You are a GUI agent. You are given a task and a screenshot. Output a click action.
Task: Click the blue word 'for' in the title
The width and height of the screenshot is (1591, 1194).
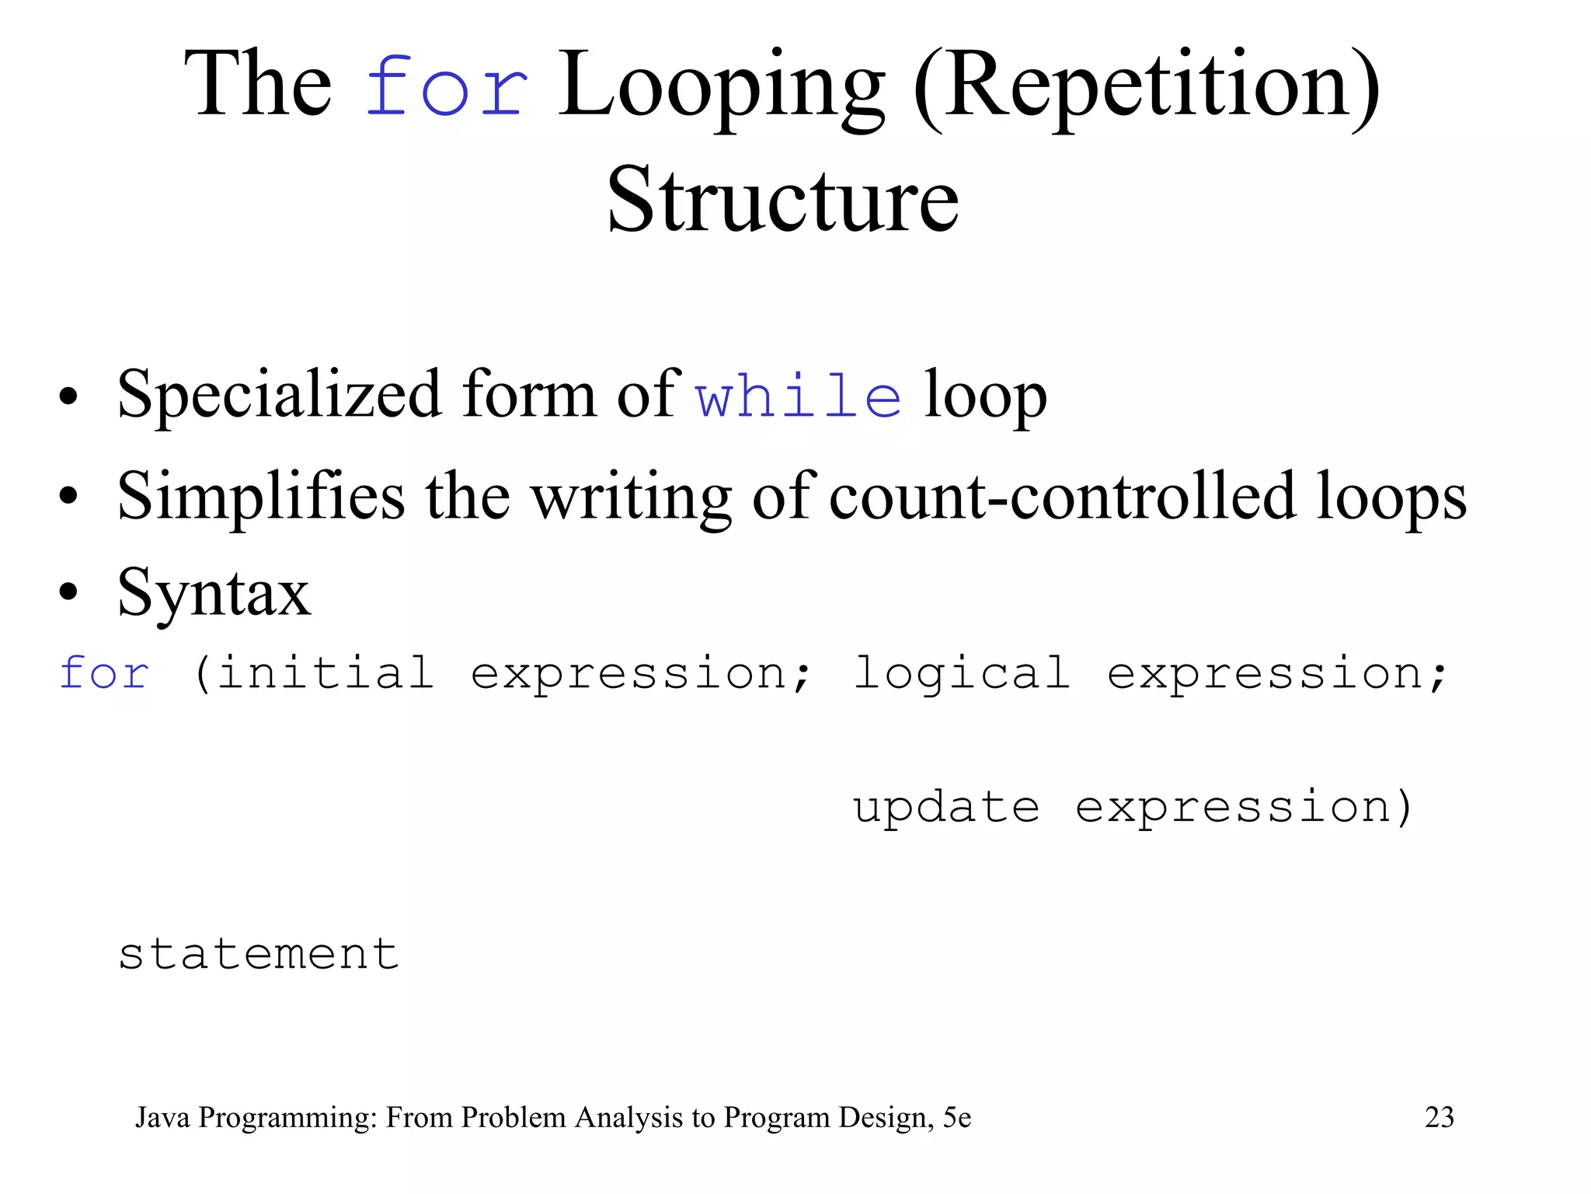tap(447, 87)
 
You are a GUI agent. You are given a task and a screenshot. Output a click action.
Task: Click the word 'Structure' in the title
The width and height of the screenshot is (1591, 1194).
tap(782, 200)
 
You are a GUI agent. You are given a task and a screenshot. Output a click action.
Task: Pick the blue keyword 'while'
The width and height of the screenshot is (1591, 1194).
tap(798, 396)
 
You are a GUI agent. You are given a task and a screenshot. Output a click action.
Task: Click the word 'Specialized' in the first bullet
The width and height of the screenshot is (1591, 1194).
tap(279, 395)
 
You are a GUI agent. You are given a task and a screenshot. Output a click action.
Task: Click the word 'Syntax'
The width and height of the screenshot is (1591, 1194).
tap(214, 593)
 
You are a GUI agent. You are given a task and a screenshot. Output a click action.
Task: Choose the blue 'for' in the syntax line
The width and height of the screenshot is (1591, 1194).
tap(104, 672)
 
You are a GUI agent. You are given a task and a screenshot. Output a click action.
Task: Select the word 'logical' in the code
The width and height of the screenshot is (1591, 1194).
tap(962, 674)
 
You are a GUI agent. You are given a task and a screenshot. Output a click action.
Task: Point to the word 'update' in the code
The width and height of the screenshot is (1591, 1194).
tap(946, 808)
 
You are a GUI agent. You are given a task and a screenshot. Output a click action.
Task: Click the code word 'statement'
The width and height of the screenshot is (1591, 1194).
tap(259, 954)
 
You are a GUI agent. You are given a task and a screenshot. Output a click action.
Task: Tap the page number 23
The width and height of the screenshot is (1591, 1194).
tap(1439, 1117)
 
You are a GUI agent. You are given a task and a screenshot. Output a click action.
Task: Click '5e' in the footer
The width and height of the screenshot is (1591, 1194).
tap(957, 1117)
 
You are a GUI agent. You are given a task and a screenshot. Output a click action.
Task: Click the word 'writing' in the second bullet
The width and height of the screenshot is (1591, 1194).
tap(632, 497)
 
